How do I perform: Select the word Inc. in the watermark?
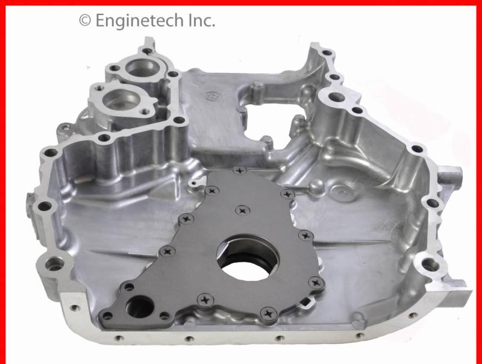pos(199,20)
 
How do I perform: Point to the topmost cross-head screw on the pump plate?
pos(241,171)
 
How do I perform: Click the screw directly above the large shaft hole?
pos(242,210)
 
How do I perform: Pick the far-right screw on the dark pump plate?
pos(314,281)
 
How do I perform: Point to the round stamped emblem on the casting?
pos(211,95)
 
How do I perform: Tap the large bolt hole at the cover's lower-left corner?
pos(55,263)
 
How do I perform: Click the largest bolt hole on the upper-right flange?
pos(336,97)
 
